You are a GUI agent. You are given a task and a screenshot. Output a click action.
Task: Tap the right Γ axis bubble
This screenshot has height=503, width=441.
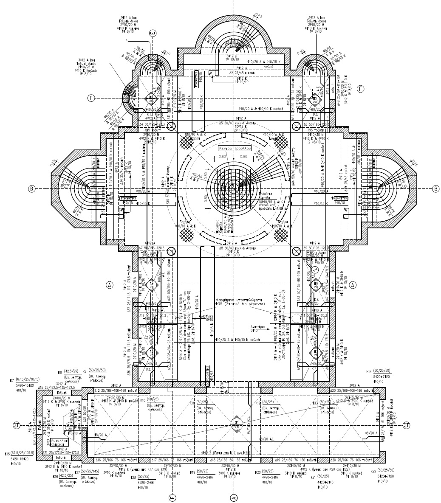click(361, 88)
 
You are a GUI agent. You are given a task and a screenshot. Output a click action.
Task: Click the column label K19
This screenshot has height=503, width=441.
click(192, 472)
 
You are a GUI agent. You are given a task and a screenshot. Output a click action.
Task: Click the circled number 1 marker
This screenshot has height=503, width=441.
click(315, 269)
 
